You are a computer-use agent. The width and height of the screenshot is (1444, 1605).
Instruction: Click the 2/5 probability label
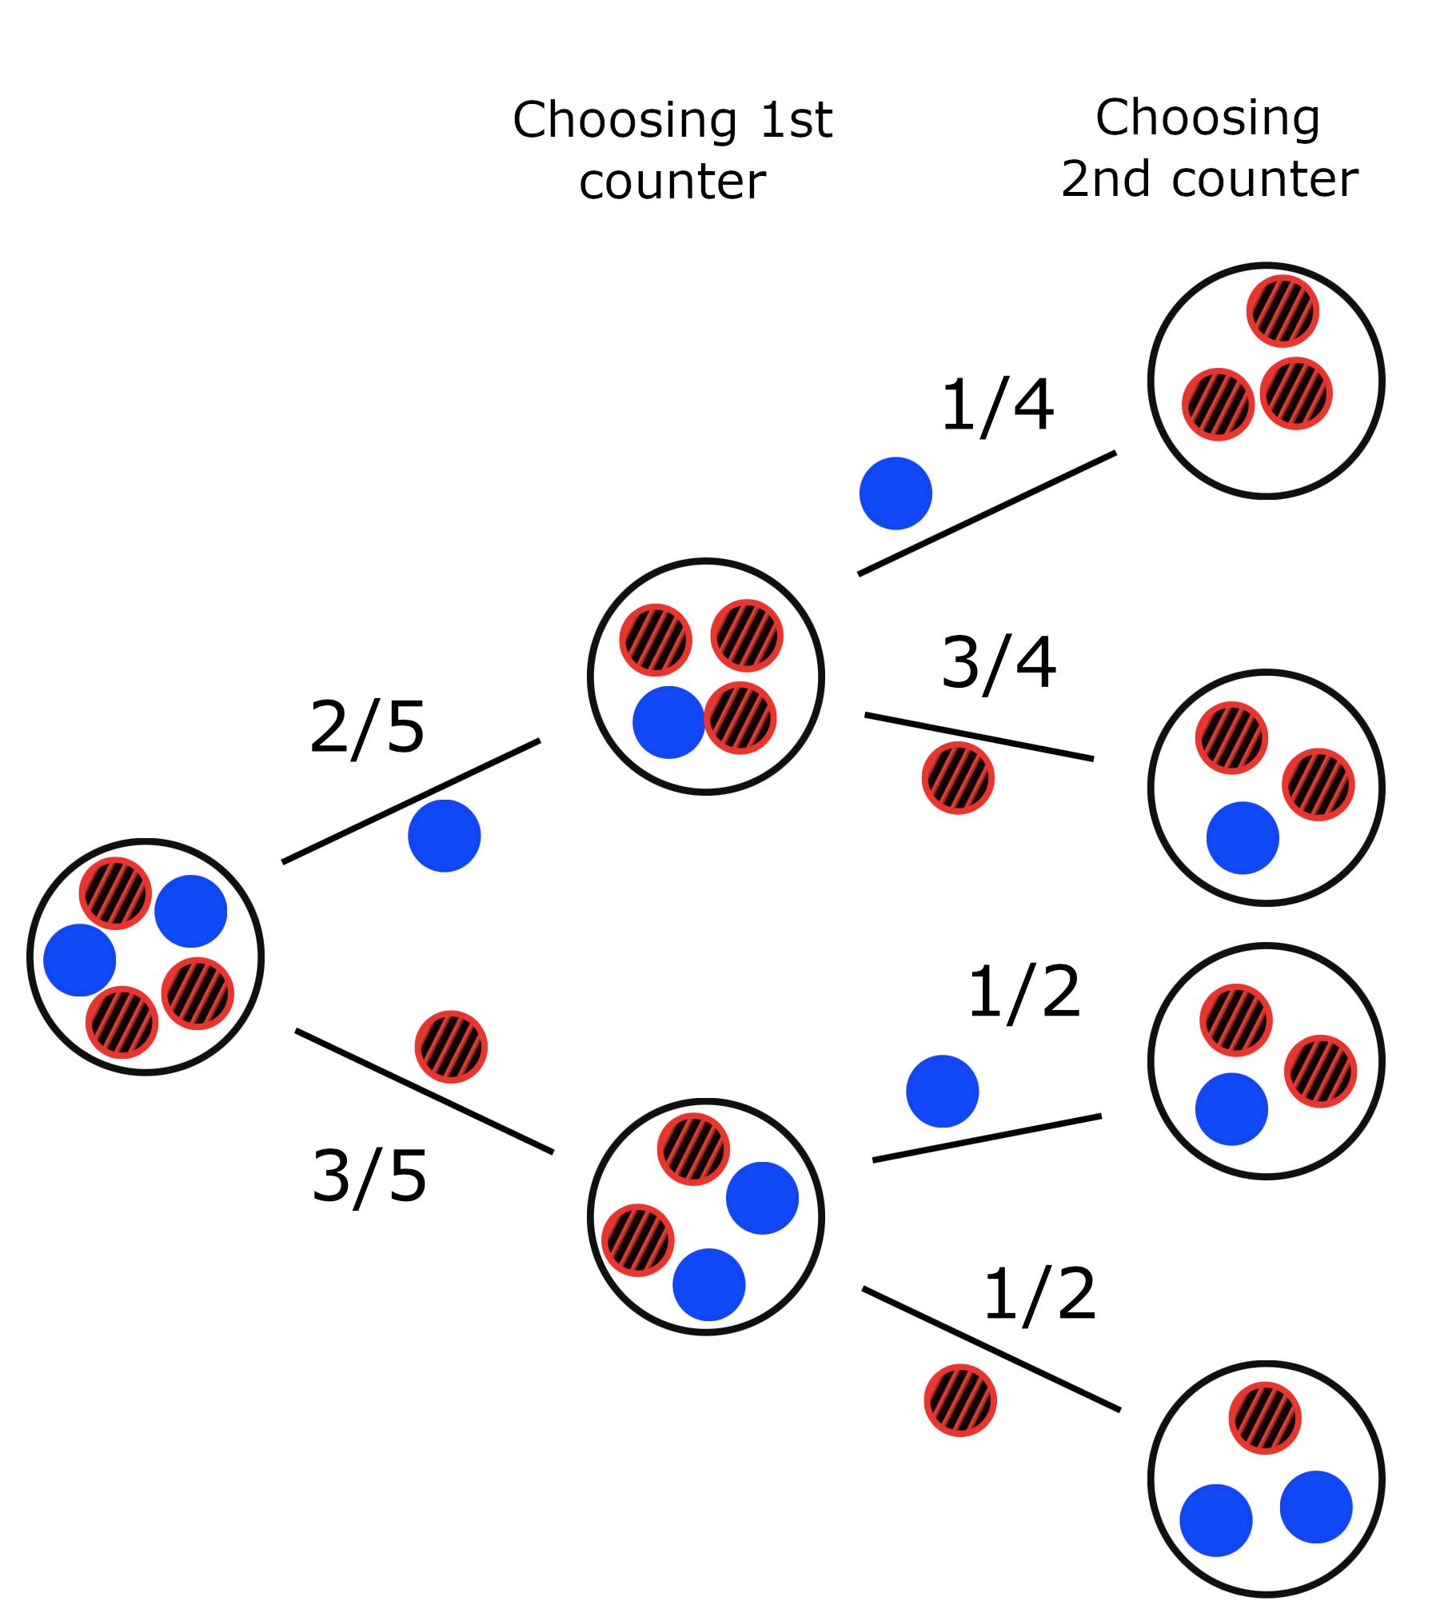click(366, 728)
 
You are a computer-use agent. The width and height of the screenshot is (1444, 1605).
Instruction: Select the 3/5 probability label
click(369, 1176)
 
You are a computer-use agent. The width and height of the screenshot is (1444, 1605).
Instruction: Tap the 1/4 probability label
click(996, 405)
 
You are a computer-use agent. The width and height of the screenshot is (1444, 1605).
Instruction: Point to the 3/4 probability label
click(998, 663)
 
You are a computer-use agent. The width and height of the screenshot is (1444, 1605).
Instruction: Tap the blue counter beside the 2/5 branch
click(444, 836)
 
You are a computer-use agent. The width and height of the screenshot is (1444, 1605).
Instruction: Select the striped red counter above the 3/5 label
click(451, 1047)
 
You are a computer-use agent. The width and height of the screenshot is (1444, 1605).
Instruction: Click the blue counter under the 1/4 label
click(896, 493)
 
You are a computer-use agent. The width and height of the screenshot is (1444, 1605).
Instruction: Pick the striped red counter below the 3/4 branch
click(958, 778)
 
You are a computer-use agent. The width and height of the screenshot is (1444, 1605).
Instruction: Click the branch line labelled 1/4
click(987, 513)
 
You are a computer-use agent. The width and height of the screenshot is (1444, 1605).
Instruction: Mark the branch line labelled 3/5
click(424, 1092)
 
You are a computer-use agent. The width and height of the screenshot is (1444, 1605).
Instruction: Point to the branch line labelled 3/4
click(979, 737)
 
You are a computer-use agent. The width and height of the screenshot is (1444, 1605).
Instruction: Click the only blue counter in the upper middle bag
click(668, 722)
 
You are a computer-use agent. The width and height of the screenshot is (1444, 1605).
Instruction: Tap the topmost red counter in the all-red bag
click(1282, 311)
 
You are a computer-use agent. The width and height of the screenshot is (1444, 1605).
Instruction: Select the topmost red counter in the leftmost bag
click(115, 893)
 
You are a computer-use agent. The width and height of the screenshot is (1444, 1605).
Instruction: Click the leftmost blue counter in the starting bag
click(79, 960)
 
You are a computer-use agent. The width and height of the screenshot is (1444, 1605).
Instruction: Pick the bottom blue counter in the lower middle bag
click(708, 1284)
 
